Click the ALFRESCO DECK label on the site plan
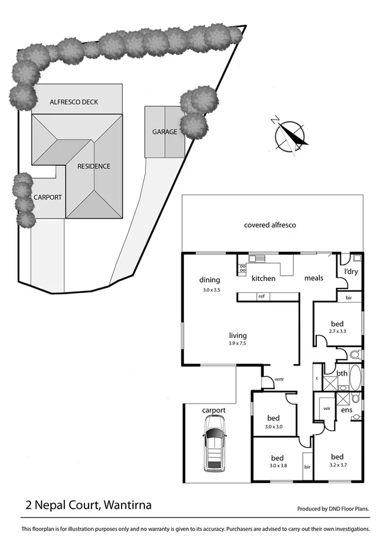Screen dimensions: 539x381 click(x=74, y=102)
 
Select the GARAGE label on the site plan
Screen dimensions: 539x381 click(x=164, y=132)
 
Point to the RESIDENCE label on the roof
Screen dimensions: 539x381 click(x=94, y=167)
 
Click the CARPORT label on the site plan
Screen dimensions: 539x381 click(x=48, y=198)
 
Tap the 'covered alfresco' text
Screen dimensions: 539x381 click(x=270, y=225)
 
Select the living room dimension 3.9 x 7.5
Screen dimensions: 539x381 click(x=238, y=344)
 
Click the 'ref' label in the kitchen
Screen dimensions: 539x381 click(x=261, y=296)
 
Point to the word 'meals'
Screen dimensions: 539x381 click(x=314, y=278)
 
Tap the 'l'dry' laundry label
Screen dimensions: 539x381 click(x=351, y=271)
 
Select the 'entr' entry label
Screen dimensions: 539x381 click(x=279, y=379)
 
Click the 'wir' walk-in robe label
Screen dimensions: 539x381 click(x=327, y=409)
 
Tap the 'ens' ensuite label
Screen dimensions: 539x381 click(x=347, y=411)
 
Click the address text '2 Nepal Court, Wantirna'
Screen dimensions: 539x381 click(x=88, y=506)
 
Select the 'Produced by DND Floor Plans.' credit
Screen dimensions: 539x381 click(x=333, y=509)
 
